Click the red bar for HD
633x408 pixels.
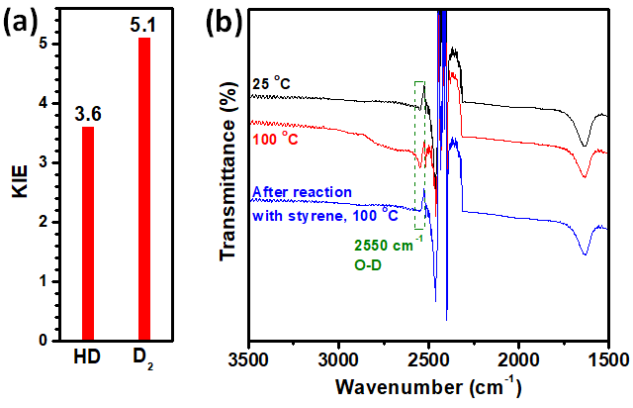pos(87,234)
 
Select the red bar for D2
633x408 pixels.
pos(145,189)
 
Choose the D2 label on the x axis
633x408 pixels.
pos(146,359)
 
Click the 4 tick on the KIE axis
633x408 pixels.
pos(42,103)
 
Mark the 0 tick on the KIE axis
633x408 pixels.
pos(42,341)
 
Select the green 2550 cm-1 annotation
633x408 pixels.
pos(389,240)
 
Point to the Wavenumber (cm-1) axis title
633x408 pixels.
pos(426,386)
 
